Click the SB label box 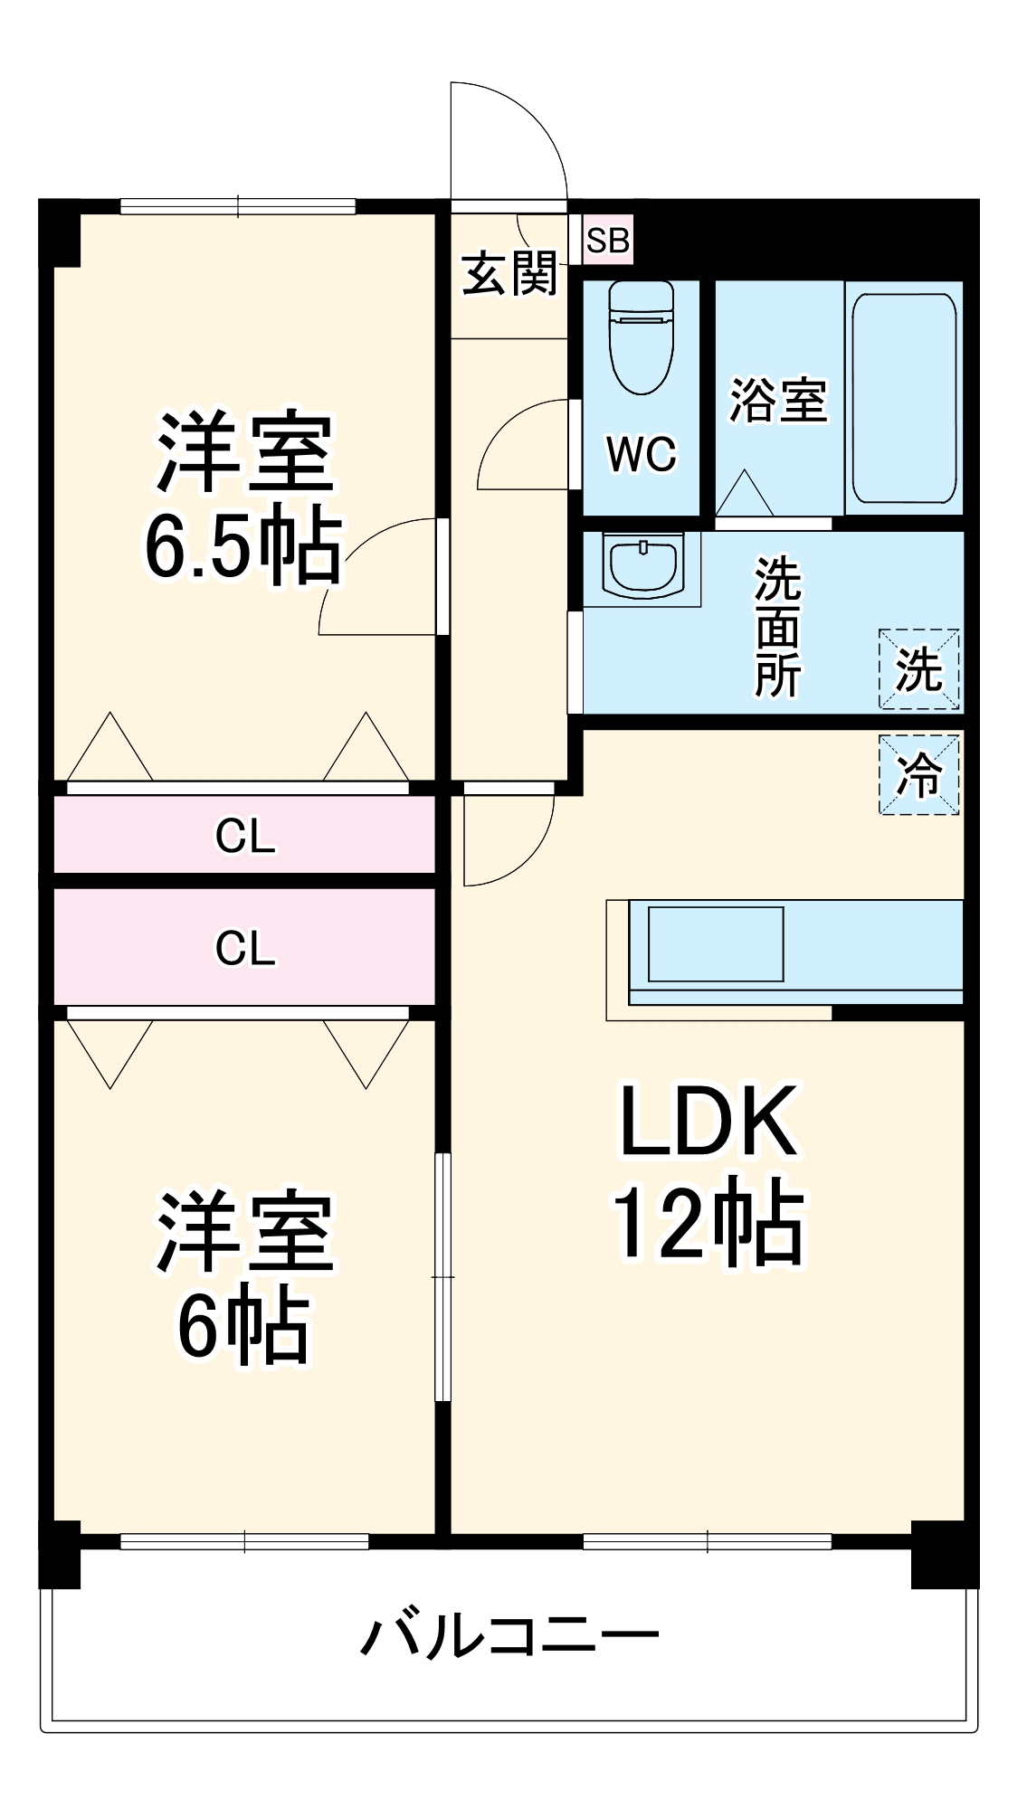[607, 240]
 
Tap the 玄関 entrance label [509, 273]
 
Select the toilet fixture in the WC [641, 336]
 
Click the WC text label [641, 453]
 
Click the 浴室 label [778, 400]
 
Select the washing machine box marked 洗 [918, 669]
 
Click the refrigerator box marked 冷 [918, 774]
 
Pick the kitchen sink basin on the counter [715, 943]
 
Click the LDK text [708, 1122]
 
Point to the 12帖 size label [708, 1223]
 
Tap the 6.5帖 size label [242, 547]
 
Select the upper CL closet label [244, 836]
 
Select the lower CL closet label [244, 948]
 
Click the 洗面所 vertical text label [777, 627]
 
